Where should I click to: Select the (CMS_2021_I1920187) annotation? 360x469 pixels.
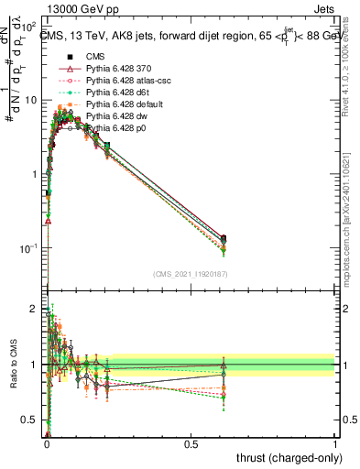pyautogui.click(x=190, y=273)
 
